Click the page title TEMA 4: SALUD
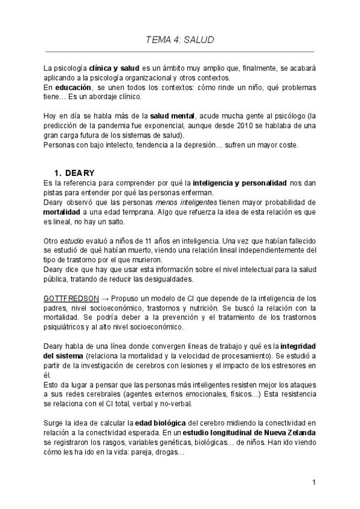pos(180,40)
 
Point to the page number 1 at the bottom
pos(313,482)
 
